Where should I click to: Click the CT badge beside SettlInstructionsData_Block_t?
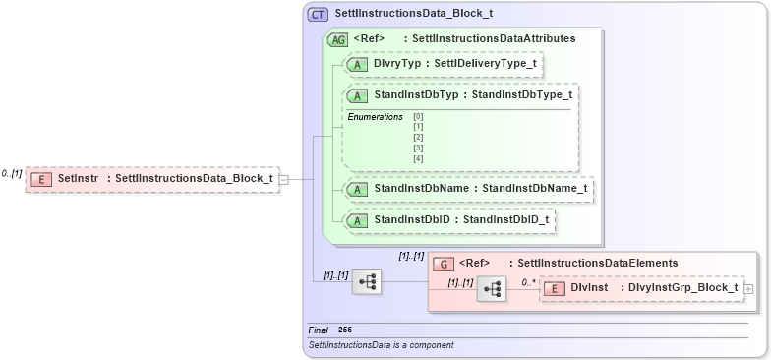319,15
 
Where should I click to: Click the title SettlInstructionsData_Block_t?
414,15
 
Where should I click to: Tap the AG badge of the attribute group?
337,39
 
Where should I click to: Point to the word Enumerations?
375,117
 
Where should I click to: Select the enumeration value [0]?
418,118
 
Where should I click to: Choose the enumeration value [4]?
418,158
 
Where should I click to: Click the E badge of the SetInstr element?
41,179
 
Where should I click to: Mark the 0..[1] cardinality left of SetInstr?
12,173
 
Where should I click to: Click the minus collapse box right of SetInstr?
283,180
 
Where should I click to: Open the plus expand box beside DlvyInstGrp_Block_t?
749,289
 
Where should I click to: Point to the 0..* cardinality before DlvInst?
527,282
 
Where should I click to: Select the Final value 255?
344,330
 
